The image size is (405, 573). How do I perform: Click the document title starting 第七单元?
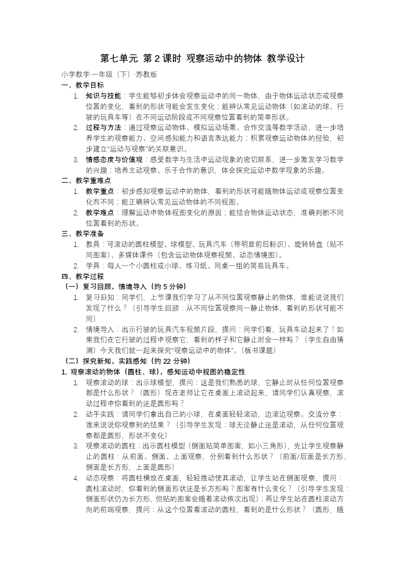click(202, 59)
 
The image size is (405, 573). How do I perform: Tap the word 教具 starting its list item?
click(92, 244)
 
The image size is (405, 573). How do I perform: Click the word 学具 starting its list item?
click(92, 266)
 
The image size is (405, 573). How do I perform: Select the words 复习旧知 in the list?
click(99, 297)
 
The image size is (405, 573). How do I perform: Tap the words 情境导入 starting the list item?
click(99, 330)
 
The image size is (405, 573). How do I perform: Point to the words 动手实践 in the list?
click(99, 414)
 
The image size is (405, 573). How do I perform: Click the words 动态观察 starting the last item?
click(99, 478)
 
